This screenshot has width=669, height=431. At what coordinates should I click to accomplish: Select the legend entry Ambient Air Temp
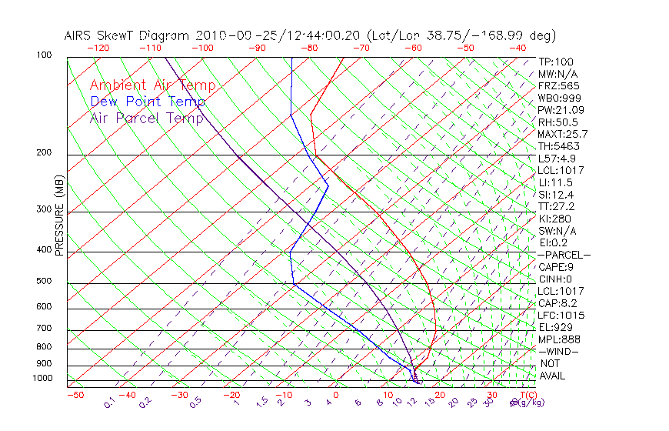click(153, 85)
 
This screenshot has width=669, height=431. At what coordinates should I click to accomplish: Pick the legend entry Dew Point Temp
click(148, 102)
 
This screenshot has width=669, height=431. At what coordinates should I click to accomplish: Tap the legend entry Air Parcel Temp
click(147, 118)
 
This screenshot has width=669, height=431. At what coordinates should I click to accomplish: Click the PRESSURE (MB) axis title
click(59, 216)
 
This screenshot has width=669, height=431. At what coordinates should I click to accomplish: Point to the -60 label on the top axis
click(414, 47)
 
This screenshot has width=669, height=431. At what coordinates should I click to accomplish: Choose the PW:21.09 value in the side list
click(561, 110)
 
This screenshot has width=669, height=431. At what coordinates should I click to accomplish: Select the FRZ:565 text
click(559, 85)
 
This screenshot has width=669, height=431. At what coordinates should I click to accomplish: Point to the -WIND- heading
click(558, 351)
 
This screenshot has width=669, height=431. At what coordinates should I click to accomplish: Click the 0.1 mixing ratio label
click(110, 402)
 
